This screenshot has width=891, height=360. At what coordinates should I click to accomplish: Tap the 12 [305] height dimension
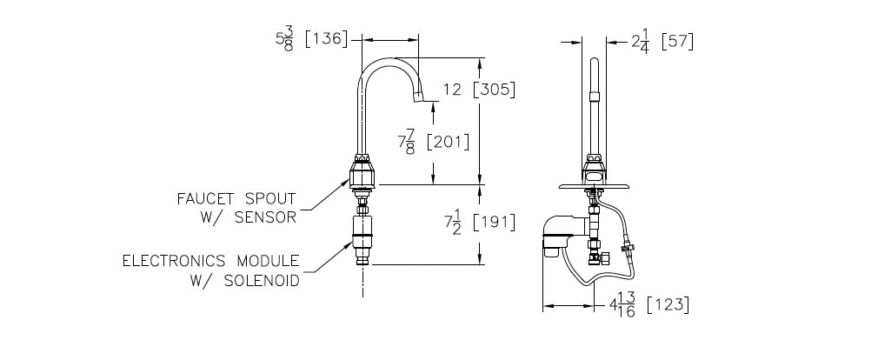pos(479,89)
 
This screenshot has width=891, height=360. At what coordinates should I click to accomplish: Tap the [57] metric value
pos(677,41)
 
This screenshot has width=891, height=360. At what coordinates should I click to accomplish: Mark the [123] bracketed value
pos(673,305)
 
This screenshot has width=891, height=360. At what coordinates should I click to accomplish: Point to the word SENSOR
pos(270,217)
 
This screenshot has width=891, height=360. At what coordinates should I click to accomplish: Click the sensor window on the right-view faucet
pos(594,176)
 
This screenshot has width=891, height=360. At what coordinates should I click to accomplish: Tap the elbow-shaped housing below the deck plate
pos(562,232)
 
